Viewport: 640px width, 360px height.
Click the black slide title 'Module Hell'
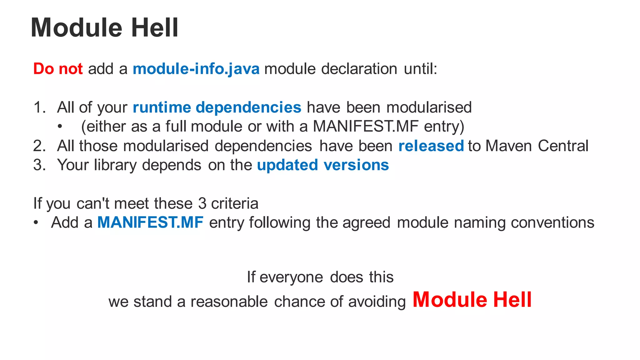[x=104, y=28]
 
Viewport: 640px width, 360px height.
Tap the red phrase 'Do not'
[x=58, y=69]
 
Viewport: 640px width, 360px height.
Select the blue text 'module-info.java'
[x=196, y=69]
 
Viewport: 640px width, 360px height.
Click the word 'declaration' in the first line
[x=359, y=69]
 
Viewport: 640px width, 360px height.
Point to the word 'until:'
[x=421, y=69]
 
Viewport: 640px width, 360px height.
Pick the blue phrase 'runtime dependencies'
[x=217, y=107]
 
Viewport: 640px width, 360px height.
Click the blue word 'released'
[x=431, y=146]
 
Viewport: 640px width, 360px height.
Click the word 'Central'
[x=563, y=146]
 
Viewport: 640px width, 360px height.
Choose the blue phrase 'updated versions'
[x=323, y=165]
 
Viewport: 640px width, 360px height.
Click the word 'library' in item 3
[x=115, y=165]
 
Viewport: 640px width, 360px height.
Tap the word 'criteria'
[x=235, y=203]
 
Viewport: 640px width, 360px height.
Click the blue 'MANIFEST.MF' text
[x=150, y=222]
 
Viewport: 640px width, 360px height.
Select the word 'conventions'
[x=552, y=223]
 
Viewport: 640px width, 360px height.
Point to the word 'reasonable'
[x=229, y=302]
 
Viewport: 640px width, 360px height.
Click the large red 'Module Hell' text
[x=472, y=300]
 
